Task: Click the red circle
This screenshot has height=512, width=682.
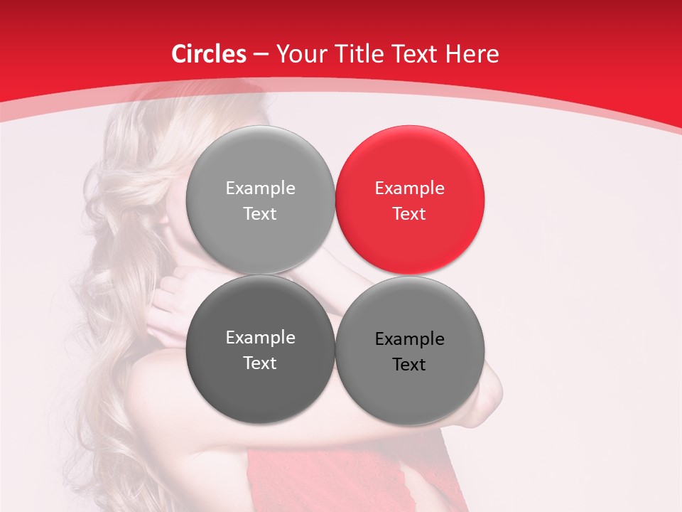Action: tap(409, 200)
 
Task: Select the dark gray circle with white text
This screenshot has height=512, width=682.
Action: tap(260, 349)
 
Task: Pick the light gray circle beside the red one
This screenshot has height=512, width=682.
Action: tap(260, 200)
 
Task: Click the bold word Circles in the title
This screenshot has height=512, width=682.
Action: tap(208, 54)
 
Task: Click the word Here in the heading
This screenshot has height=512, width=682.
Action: tap(473, 54)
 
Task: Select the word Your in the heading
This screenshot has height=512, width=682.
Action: tap(302, 54)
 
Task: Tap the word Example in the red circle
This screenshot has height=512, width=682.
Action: tap(409, 188)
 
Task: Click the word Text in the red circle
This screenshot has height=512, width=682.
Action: tap(409, 214)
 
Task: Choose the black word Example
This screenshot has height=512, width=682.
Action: tap(409, 339)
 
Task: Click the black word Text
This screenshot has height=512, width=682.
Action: tap(409, 365)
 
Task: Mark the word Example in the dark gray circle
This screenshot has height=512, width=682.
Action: tap(260, 338)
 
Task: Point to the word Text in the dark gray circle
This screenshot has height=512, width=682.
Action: tap(260, 363)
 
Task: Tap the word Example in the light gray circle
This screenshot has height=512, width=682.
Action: tap(260, 188)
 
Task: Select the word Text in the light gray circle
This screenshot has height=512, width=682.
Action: tap(260, 214)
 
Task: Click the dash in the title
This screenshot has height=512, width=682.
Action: tap(261, 55)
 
